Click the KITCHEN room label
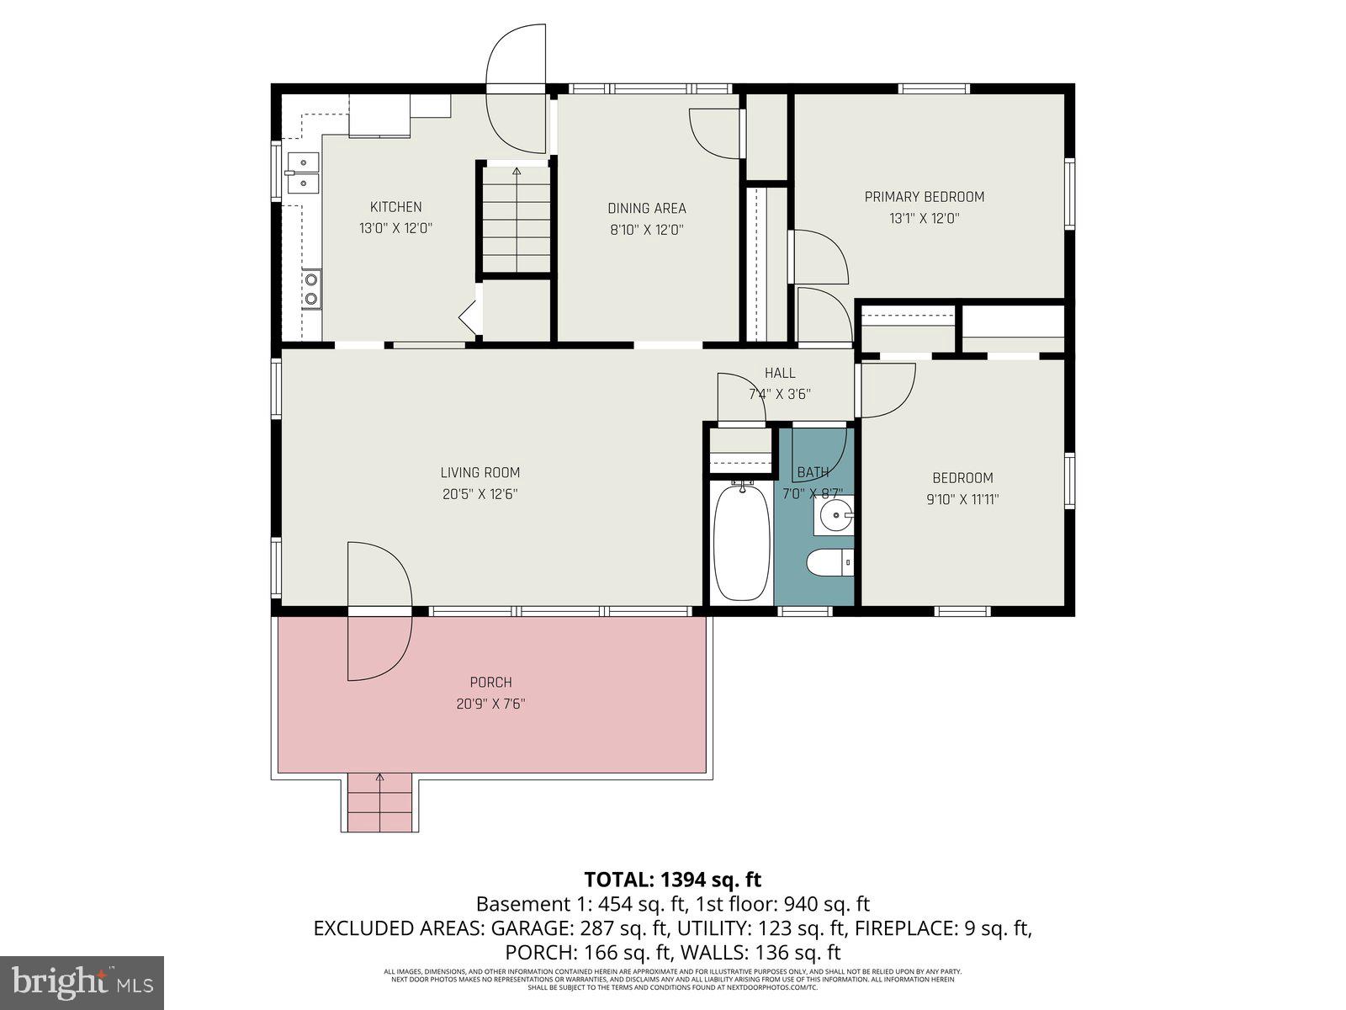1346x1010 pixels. (395, 207)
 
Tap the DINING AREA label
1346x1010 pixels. (647, 208)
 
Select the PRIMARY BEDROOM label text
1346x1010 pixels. (924, 197)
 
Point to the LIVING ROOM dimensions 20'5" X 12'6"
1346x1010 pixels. (480, 495)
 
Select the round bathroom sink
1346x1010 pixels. (836, 513)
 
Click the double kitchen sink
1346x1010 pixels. (301, 172)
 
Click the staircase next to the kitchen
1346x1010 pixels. (516, 219)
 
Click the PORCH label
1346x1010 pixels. (490, 683)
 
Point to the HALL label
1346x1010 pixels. (780, 373)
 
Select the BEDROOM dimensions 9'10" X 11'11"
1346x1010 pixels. (962, 499)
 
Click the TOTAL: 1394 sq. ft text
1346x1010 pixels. (672, 880)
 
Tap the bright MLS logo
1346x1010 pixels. (82, 981)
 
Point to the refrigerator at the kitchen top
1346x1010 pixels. (379, 115)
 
